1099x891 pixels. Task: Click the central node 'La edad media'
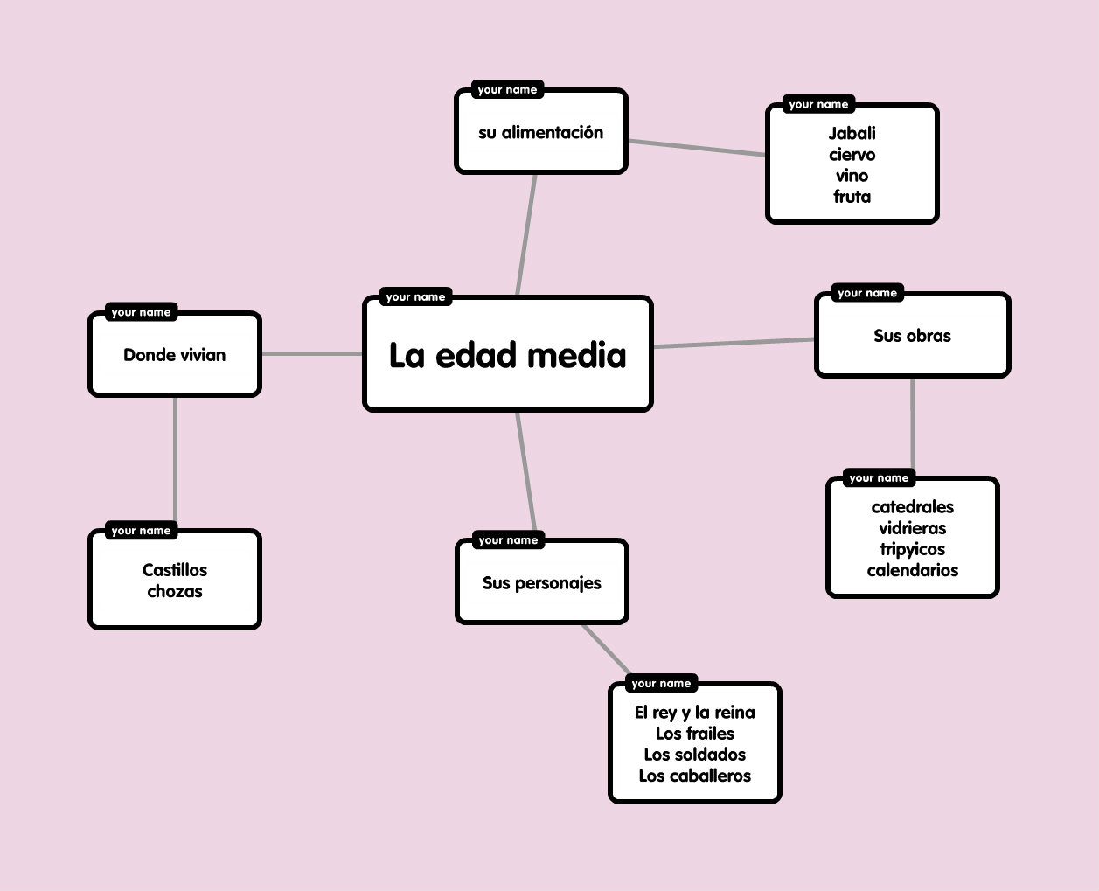[507, 355]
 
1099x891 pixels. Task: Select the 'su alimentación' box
[540, 133]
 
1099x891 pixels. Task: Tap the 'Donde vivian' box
[174, 355]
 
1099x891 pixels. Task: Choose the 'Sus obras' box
[912, 336]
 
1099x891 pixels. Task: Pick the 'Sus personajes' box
[541, 583]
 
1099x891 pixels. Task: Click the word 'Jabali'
[852, 133]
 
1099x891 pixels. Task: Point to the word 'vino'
[852, 176]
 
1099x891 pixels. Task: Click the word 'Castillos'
[175, 570]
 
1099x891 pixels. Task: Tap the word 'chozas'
[175, 591]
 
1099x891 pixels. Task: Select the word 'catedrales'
[912, 507]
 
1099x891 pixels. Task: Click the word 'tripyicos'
[912, 549]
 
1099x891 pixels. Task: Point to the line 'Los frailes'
[694, 734]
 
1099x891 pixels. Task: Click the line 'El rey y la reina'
[694, 713]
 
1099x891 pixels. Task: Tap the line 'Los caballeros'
[694, 776]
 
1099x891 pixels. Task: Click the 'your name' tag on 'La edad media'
[415, 297]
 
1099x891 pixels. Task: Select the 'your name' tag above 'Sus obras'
[867, 293]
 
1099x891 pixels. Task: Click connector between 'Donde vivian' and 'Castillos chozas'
[175, 463]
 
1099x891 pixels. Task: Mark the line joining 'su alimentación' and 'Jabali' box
[697, 148]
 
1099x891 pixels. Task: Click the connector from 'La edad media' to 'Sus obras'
[734, 343]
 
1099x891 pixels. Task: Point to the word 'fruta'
[852, 197]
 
